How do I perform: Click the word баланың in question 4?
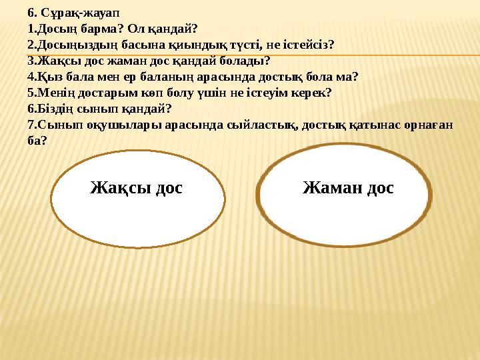163,76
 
